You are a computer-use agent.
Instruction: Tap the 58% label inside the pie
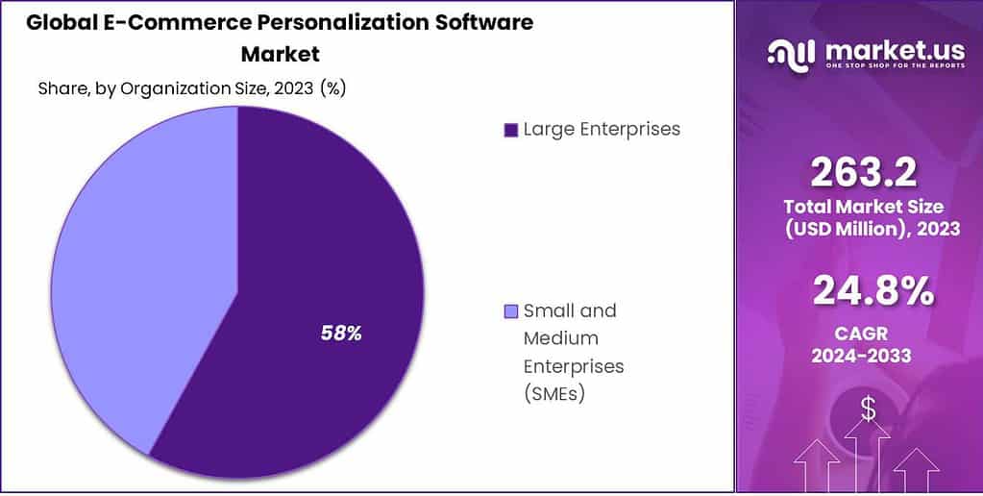(340, 334)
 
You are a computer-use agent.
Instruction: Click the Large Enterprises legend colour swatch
(510, 130)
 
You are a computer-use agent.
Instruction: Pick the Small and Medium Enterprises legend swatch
(510, 311)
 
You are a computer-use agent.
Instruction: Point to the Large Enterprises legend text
(602, 129)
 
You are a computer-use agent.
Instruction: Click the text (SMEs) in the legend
(555, 394)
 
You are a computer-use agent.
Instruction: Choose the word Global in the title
(58, 22)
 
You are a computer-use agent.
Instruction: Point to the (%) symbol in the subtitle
(332, 88)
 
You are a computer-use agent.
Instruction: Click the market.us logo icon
(789, 53)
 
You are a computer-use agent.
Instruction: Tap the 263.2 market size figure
(863, 173)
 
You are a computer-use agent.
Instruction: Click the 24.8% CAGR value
(872, 291)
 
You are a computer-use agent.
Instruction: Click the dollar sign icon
(868, 409)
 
